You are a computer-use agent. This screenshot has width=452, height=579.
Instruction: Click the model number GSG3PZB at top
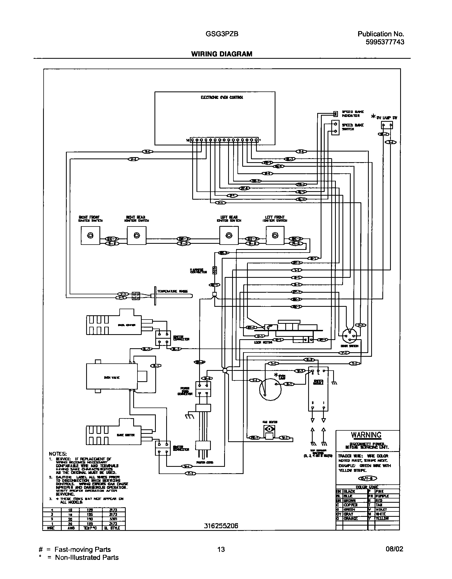[222, 34]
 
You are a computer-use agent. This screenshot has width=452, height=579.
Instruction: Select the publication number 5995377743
[385, 42]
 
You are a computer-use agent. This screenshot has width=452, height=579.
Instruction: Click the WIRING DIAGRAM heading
[221, 54]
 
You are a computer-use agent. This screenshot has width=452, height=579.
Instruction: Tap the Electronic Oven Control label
[222, 98]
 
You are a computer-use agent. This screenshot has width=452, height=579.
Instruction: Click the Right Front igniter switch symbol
[90, 236]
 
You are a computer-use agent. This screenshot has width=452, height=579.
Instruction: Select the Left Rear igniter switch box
[229, 236]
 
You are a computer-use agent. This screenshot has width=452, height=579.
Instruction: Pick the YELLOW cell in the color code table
[383, 518]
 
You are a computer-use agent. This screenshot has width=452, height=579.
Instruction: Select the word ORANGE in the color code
[351, 518]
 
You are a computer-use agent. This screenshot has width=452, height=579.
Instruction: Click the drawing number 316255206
[221, 526]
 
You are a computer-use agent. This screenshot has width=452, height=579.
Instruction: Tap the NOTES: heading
[58, 454]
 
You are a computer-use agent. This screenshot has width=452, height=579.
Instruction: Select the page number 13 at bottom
[221, 549]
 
